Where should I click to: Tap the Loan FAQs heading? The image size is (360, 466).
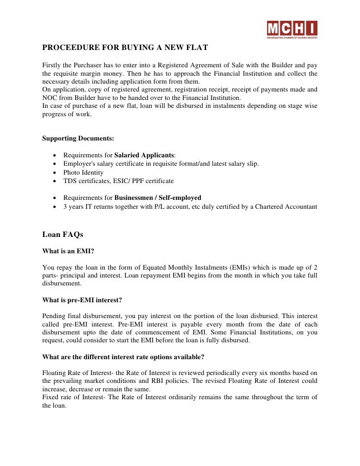pyautogui.click(x=63, y=234)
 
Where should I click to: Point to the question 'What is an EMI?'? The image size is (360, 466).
pyautogui.click(x=68, y=251)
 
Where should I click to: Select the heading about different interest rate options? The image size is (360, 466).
pyautogui.click(x=123, y=357)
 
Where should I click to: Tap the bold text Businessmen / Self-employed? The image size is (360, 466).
pyautogui.click(x=158, y=198)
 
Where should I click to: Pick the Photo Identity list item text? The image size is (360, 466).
pyautogui.click(x=83, y=173)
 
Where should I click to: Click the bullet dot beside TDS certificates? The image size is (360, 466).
pyautogui.click(x=53, y=182)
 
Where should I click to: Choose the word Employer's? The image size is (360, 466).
pyautogui.click(x=78, y=164)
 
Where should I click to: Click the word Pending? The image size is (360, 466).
pyautogui.click(x=54, y=316)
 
